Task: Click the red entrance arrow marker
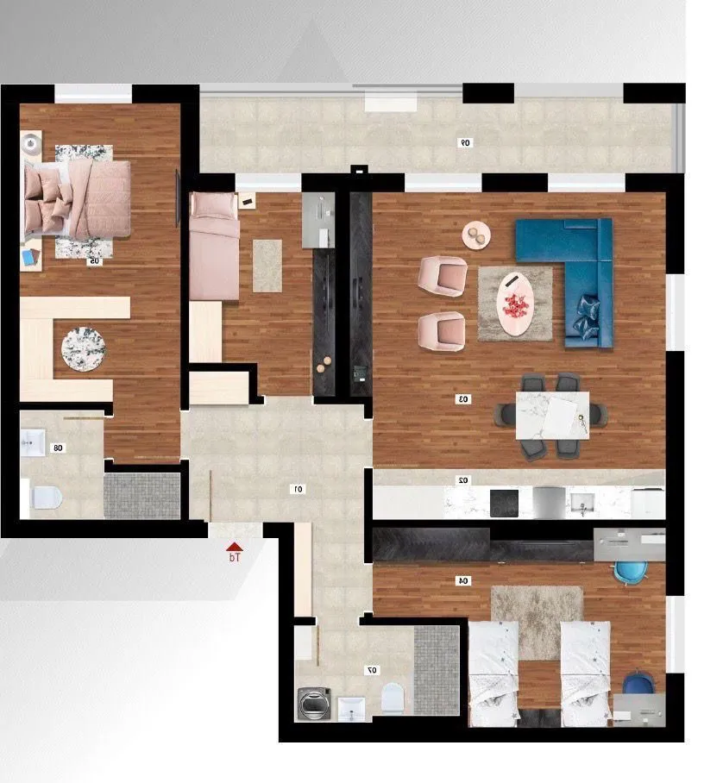[x=234, y=547]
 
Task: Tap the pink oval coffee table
[x=516, y=304]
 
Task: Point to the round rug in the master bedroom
[x=84, y=348]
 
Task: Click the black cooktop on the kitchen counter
[x=504, y=502]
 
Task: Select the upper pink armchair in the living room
[x=441, y=275]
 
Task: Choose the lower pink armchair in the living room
[x=441, y=331]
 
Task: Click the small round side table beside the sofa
[x=475, y=235]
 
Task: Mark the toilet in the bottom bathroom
[x=392, y=696]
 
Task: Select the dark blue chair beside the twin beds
[x=639, y=684]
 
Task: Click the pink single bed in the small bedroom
[x=214, y=247]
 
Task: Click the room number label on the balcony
[x=466, y=142]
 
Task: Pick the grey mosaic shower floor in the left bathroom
[x=141, y=495]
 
